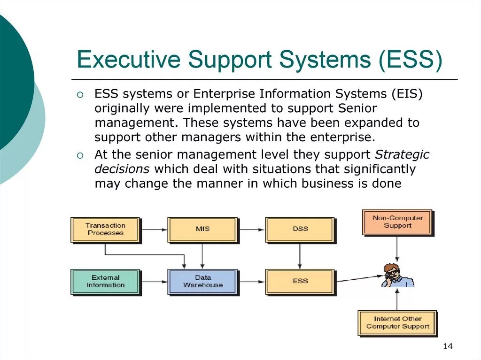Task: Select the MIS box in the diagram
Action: (202, 230)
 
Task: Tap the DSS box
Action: (300, 230)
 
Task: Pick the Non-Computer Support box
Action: (397, 222)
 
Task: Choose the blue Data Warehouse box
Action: (202, 281)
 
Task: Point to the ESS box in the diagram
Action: (300, 281)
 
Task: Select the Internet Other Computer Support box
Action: (397, 322)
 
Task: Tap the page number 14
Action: (447, 346)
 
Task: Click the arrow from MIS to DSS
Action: (252, 230)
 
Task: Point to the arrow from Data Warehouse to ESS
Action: (252, 282)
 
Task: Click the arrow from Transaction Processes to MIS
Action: (154, 230)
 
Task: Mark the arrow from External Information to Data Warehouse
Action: (154, 282)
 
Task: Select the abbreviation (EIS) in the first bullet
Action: (407, 94)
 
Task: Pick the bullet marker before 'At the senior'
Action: (80, 155)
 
